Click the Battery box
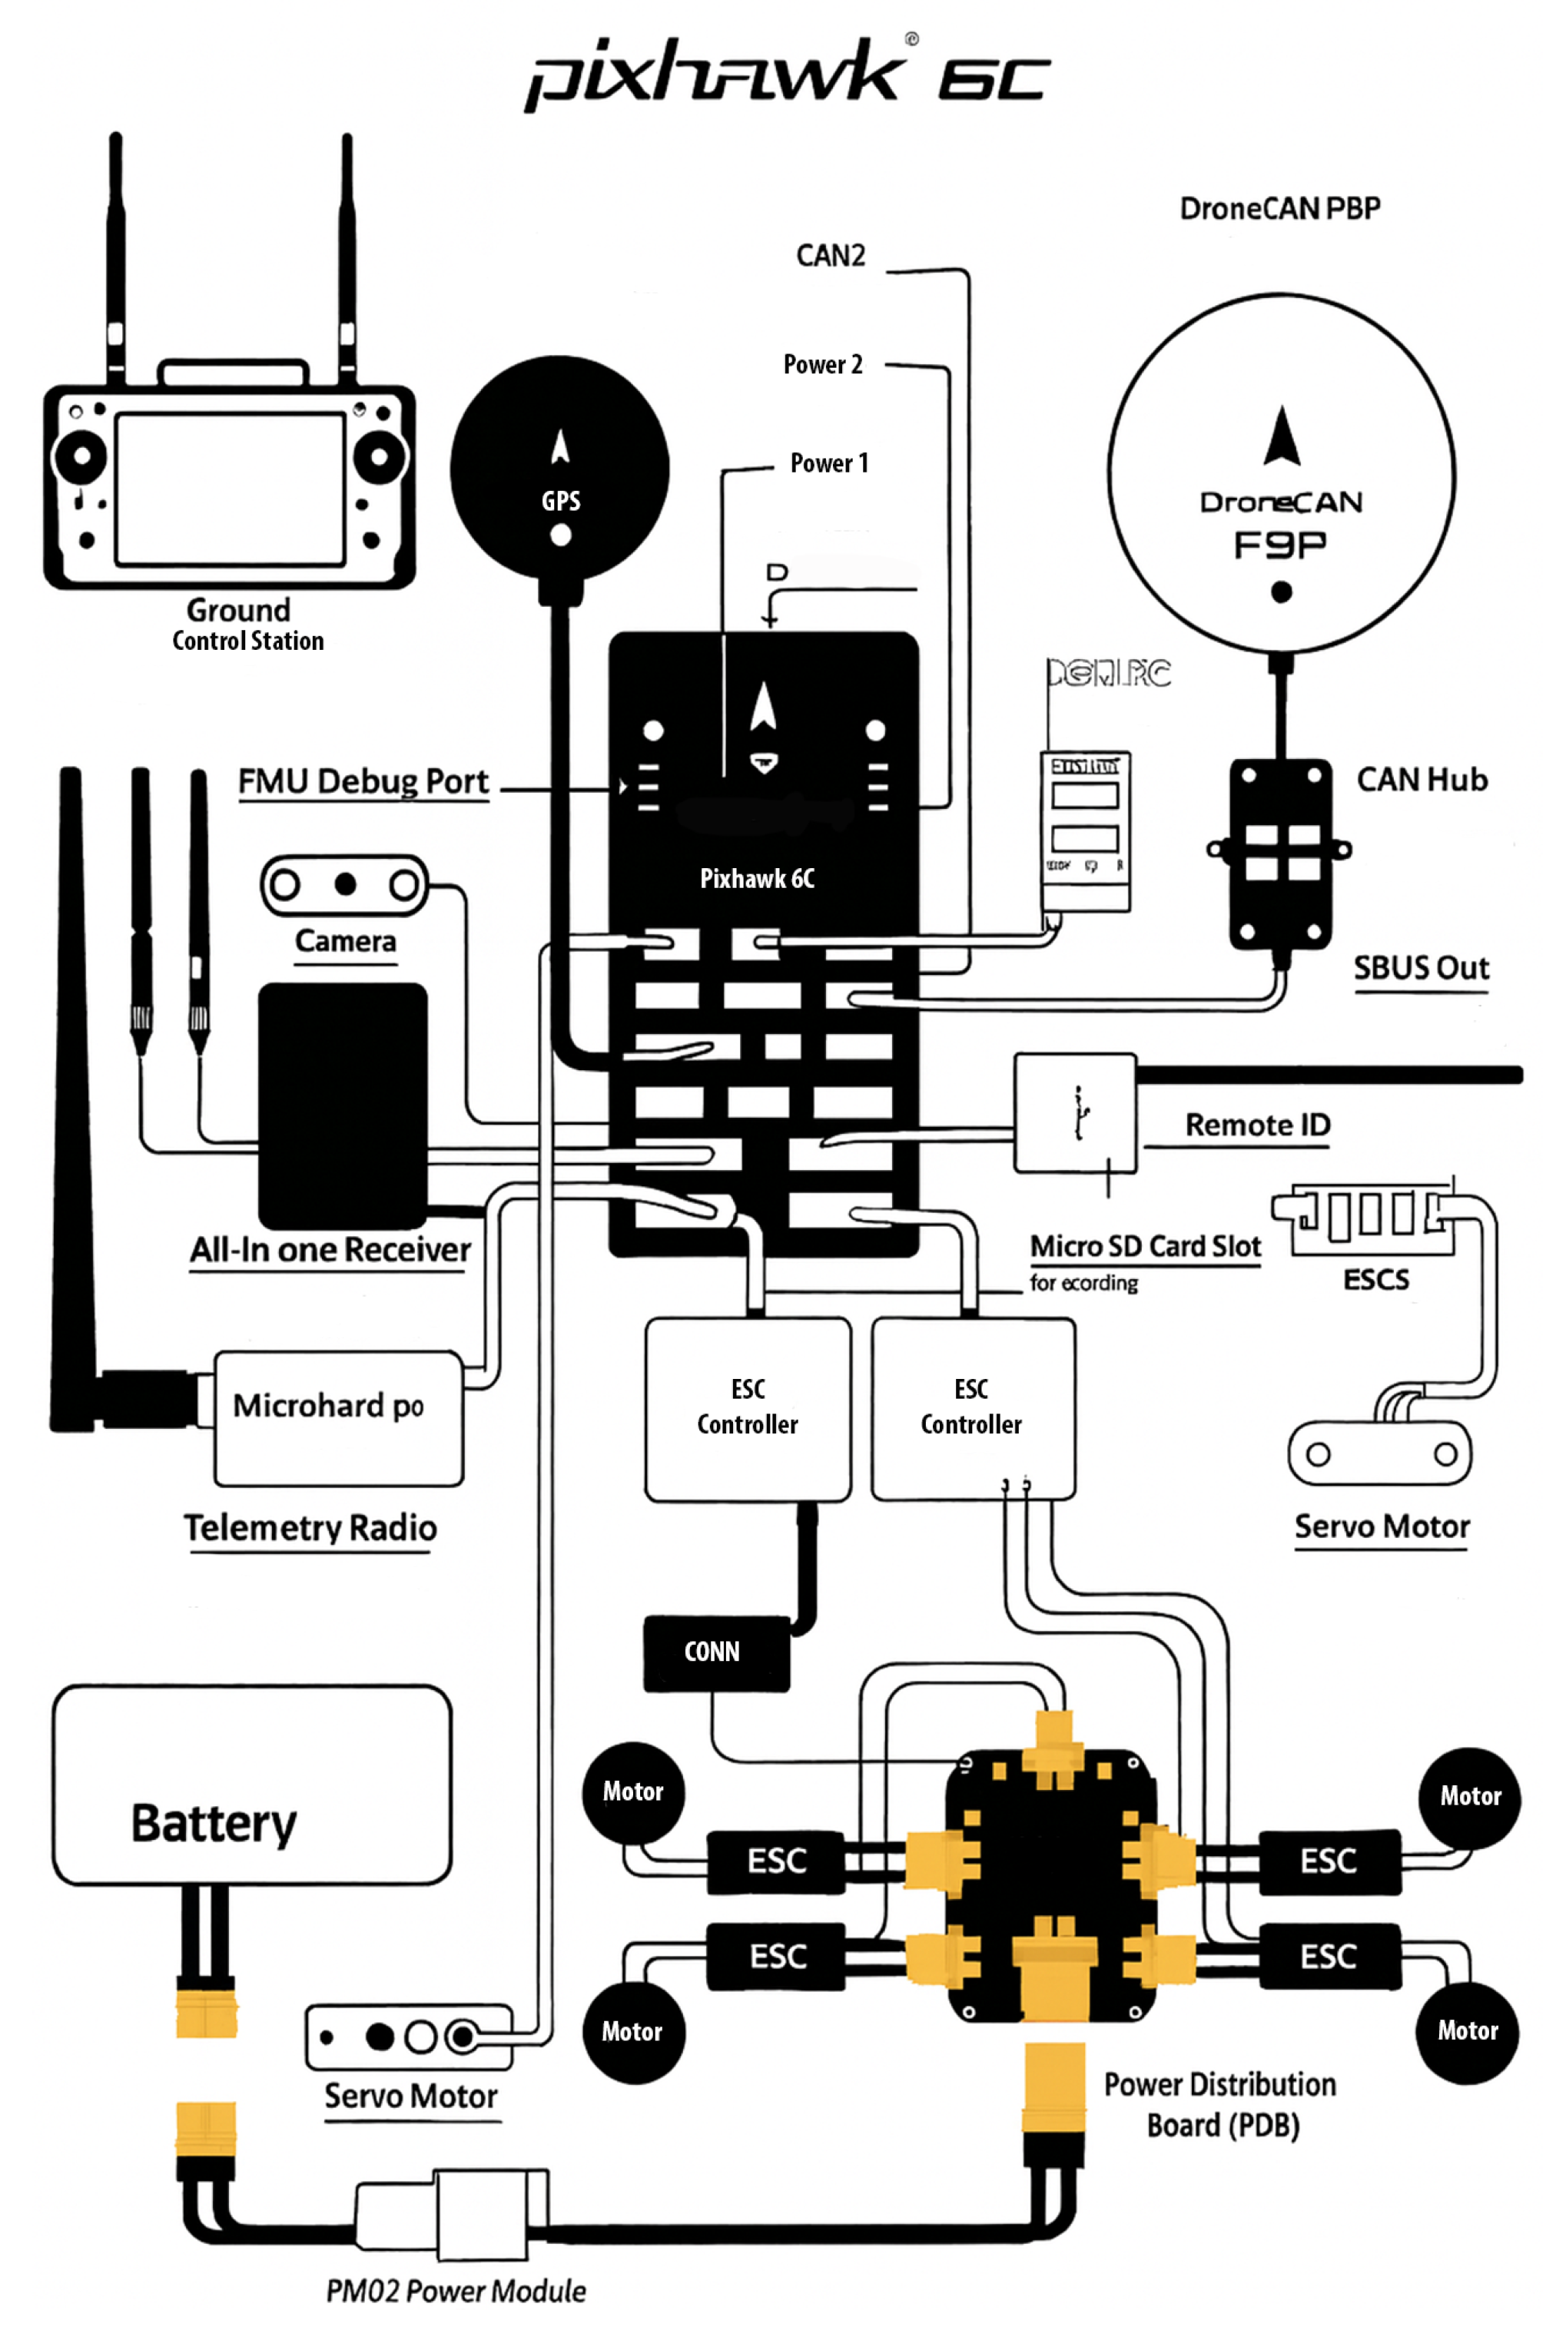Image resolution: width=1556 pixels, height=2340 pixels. point(252,1785)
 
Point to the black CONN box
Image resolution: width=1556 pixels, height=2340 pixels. point(715,1652)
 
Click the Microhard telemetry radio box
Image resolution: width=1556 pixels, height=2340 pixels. point(338,1417)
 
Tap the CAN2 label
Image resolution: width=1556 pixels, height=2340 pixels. point(831,256)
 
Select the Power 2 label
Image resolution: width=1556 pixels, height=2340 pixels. point(823,364)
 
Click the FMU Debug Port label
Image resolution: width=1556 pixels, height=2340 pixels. point(363,781)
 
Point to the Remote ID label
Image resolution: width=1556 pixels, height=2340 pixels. point(1257,1125)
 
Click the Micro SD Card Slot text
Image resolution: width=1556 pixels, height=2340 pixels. point(1145,1246)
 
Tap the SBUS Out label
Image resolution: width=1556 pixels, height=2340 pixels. point(1421,968)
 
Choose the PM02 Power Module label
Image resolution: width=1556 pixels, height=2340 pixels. point(456,2290)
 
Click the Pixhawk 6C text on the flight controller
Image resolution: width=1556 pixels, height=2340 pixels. point(757,878)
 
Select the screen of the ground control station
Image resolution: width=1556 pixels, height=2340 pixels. point(231,489)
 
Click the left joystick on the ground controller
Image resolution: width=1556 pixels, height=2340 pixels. point(81,457)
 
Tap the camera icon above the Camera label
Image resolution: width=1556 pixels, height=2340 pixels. point(344,883)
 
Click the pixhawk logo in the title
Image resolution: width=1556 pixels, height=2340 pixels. point(715,75)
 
